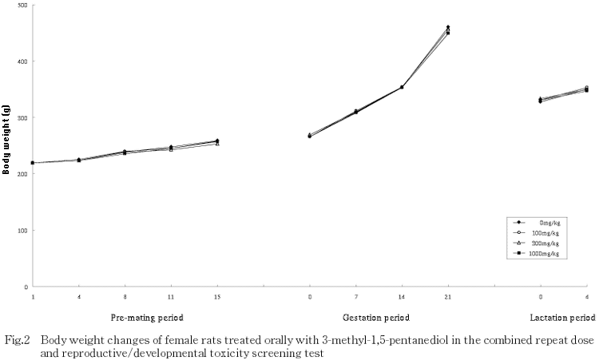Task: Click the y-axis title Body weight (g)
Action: point(7,146)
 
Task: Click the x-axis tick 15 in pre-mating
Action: point(217,297)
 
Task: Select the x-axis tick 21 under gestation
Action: point(448,297)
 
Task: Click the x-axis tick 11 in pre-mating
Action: point(171,297)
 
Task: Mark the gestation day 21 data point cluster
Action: point(448,30)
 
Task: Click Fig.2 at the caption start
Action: point(16,339)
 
